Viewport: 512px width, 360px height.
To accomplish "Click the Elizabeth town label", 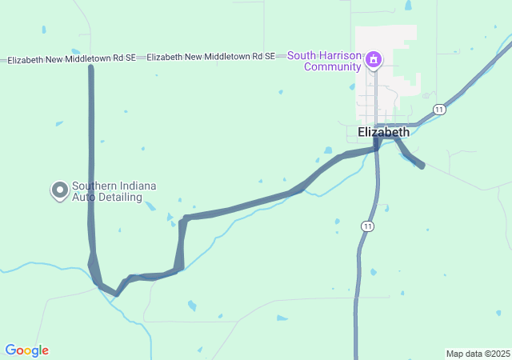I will tap(384, 132).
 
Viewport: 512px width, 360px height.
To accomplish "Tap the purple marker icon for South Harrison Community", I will tap(373, 59).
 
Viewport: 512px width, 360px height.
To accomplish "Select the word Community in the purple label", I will tap(332, 66).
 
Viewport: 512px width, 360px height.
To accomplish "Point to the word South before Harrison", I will tap(303, 56).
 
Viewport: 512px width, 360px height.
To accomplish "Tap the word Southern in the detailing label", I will tap(94, 186).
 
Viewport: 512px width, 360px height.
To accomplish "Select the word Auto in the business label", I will tap(84, 196).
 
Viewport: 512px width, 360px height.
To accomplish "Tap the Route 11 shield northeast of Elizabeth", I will tap(439, 109).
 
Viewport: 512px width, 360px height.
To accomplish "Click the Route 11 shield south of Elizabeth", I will tap(367, 226).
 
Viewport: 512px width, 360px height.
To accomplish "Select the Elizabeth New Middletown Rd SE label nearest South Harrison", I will tap(211, 57).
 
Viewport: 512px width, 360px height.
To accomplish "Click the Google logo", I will tap(26, 350).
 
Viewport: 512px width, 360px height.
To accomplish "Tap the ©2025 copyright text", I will tap(498, 354).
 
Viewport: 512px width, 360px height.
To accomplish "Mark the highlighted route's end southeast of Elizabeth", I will tap(422, 166).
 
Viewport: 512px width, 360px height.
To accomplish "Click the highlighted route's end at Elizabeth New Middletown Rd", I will tap(90, 67).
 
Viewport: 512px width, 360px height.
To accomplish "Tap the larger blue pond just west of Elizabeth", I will tap(328, 150).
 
